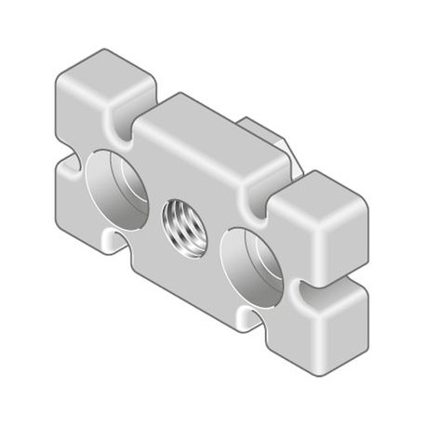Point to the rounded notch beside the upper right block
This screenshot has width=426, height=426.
(x=263, y=191)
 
